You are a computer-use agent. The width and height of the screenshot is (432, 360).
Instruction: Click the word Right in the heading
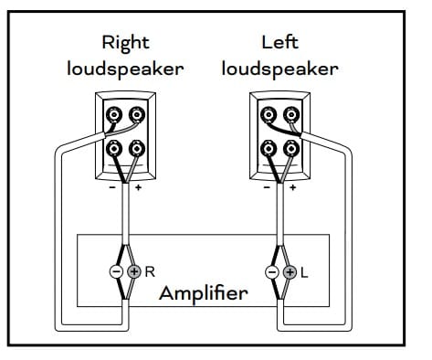[x=126, y=42]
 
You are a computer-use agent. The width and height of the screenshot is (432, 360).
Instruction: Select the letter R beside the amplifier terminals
[x=150, y=271]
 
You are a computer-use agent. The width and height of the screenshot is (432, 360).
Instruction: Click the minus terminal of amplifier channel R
[x=117, y=271]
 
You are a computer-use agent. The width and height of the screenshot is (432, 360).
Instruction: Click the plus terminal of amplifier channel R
[x=135, y=271]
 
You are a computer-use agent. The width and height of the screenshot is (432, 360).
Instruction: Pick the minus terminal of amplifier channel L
[x=270, y=272]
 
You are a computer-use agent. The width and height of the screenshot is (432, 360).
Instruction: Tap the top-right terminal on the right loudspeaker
[x=137, y=115]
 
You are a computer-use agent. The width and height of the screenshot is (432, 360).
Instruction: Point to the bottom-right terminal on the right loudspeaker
[x=137, y=148]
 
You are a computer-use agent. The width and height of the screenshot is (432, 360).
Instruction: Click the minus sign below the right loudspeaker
[x=112, y=188]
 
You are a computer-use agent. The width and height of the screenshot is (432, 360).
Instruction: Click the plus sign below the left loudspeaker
[x=292, y=188]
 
